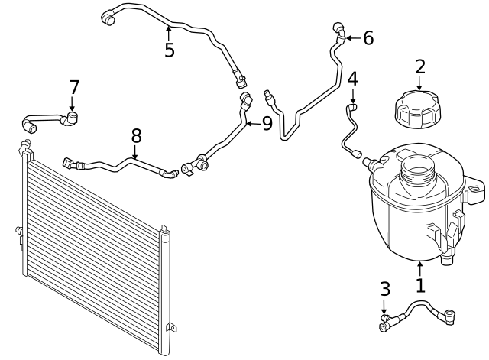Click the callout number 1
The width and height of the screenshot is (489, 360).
coord(420,285)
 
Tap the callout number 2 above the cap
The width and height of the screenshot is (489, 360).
coord(420,66)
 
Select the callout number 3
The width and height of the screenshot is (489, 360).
coord(385,289)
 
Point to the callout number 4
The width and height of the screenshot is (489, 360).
coord(353,79)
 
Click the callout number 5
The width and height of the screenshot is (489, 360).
coord(170,50)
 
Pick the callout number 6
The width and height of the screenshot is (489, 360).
coord(368,38)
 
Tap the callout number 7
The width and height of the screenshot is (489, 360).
coord(74,87)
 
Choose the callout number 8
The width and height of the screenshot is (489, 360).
coord(136,136)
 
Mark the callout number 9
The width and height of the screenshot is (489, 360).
coord(267,124)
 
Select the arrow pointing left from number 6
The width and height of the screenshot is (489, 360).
coord(353,38)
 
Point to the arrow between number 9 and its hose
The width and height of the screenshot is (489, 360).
coord(253,124)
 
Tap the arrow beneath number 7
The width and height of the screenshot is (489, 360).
coord(73,104)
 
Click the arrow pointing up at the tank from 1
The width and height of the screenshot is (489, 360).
coord(420,269)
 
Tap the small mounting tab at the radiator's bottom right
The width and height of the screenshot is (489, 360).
coord(171,327)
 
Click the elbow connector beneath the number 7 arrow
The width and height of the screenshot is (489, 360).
coord(70,118)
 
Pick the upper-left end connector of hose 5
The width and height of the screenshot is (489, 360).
coord(108,18)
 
